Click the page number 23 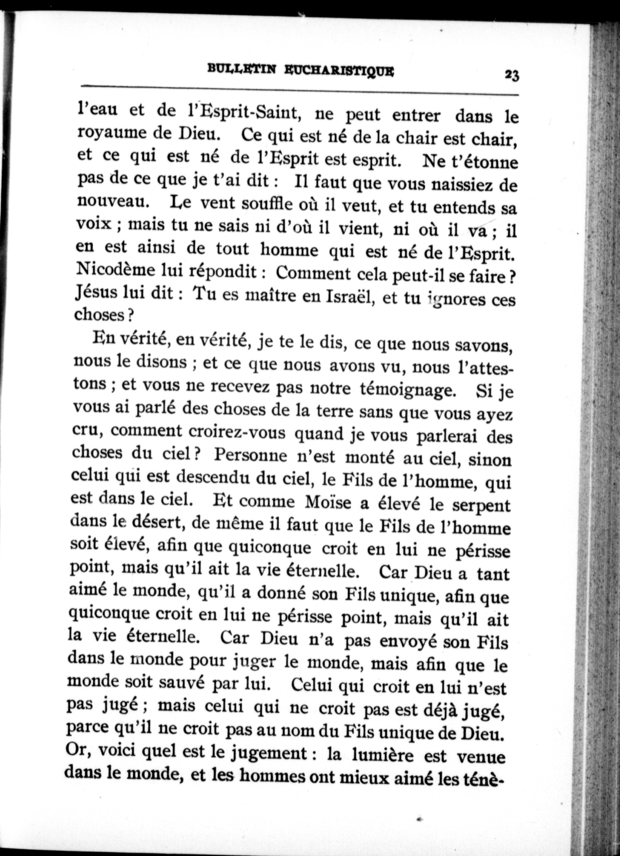[x=512, y=75]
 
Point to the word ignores [x=453, y=300]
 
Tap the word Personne [x=251, y=456]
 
